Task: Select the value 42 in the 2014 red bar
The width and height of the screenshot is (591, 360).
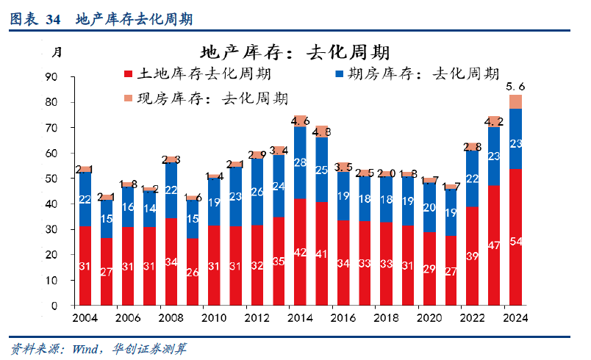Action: click(x=300, y=252)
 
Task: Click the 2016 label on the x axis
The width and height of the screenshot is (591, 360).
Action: click(x=343, y=317)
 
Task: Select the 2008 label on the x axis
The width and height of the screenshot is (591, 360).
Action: click(x=171, y=317)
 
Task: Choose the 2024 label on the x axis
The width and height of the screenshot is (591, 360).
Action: click(x=515, y=317)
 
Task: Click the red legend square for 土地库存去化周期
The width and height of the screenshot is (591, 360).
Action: click(x=129, y=76)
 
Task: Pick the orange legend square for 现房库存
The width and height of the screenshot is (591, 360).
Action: click(x=129, y=98)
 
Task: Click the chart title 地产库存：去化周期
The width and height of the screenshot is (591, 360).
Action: click(x=294, y=52)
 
